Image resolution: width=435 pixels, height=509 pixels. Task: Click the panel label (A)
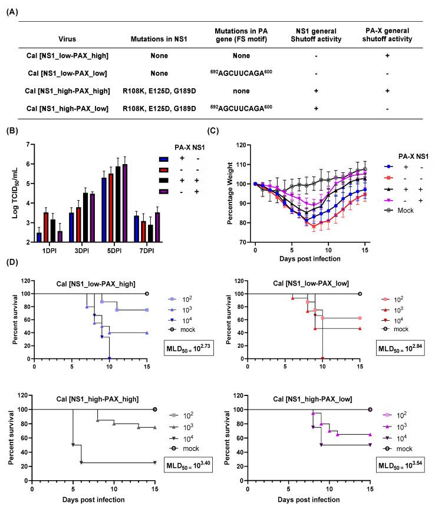pyautogui.click(x=11, y=6)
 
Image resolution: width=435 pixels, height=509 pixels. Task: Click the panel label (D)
pyautogui.click(x=11, y=274)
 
